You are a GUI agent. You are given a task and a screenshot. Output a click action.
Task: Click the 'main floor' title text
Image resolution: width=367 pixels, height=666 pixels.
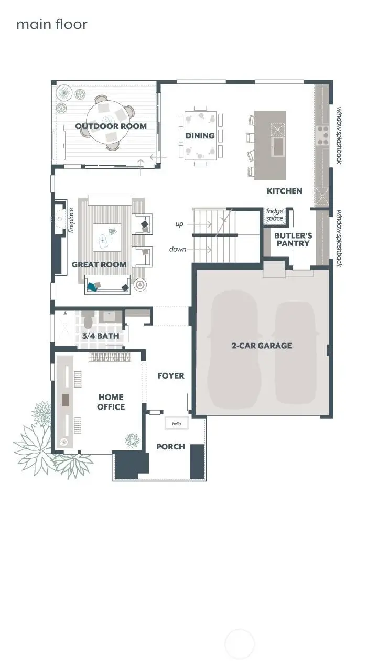(51, 24)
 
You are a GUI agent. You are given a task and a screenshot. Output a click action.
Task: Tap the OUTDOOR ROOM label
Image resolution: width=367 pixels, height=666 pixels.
(111, 126)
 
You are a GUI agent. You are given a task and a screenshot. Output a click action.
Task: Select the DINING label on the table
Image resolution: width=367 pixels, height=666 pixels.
(200, 136)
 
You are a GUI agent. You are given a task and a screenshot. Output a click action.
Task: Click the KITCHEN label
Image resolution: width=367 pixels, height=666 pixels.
(284, 191)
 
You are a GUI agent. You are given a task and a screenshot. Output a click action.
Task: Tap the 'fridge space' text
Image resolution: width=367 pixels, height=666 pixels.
(274, 215)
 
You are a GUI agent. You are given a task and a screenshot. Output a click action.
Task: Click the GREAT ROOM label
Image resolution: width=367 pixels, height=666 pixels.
(99, 265)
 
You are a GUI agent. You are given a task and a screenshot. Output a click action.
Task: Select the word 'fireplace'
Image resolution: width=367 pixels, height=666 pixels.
(71, 220)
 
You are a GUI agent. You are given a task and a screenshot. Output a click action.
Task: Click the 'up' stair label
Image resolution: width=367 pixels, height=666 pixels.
(179, 224)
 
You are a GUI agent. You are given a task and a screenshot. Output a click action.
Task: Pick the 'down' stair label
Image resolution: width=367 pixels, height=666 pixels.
(178, 249)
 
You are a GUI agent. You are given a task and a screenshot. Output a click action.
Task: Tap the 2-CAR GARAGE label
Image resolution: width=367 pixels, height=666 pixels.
(262, 346)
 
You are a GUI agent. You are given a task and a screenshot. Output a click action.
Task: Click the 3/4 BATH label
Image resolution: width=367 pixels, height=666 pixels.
(100, 336)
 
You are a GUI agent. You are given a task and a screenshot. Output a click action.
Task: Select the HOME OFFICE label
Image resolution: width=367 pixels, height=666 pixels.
(111, 402)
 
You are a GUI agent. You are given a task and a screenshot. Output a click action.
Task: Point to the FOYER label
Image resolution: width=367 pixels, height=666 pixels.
(171, 376)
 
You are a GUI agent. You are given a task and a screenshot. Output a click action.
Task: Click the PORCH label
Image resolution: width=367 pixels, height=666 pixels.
(170, 447)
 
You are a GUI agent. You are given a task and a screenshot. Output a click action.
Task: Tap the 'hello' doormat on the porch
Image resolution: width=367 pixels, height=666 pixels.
(176, 423)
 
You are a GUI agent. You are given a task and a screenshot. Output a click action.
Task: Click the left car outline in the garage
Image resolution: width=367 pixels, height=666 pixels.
(234, 346)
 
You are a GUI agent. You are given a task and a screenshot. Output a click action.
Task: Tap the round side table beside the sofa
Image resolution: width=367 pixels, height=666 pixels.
(140, 285)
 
